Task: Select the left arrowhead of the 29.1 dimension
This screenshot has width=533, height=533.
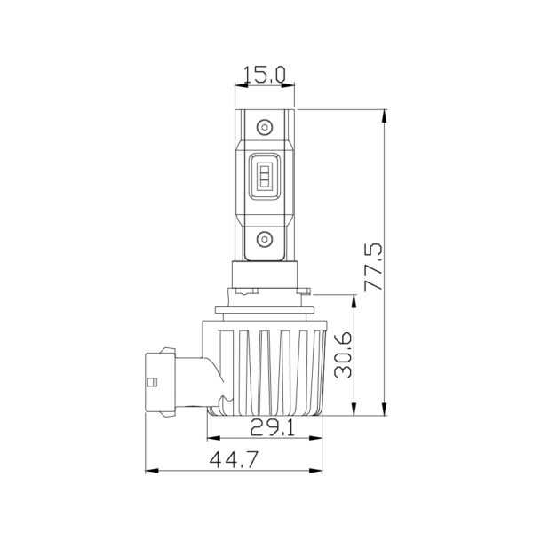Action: pyautogui.click(x=210, y=440)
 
